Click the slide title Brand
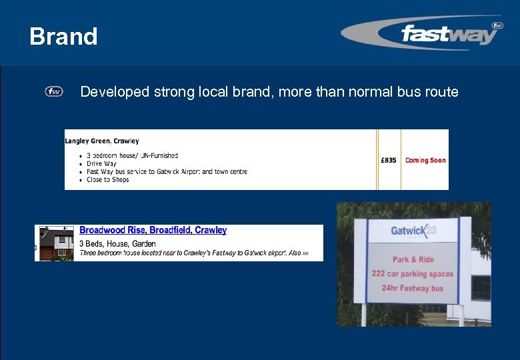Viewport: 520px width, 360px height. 63,36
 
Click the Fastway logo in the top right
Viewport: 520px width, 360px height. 421,33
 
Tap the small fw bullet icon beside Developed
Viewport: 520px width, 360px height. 54,91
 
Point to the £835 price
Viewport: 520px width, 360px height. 389,160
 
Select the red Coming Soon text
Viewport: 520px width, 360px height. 425,160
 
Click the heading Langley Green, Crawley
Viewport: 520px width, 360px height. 102,141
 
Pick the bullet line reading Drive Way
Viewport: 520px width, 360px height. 101,163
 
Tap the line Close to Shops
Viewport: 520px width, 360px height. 107,179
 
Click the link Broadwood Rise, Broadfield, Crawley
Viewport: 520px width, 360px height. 153,230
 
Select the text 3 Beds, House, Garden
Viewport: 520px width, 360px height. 117,243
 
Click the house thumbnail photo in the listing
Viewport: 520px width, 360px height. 56,243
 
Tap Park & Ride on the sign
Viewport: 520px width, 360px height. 413,260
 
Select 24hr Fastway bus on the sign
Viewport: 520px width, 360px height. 413,288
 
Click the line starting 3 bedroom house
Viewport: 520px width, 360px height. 132,155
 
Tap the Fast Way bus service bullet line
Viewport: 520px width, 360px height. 167,171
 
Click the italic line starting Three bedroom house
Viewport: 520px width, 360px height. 190,253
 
